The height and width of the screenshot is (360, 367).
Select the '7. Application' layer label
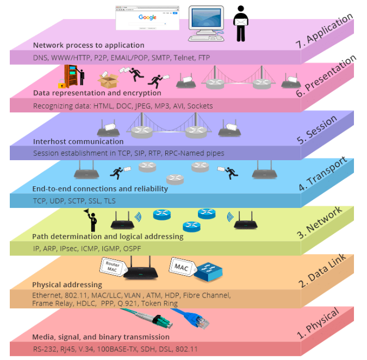[325, 31]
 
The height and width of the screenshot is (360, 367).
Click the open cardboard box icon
[108, 81]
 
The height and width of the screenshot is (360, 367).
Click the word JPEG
[142, 105]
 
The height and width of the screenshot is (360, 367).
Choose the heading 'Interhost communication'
[71, 142]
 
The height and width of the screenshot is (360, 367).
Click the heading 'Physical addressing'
[67, 285]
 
